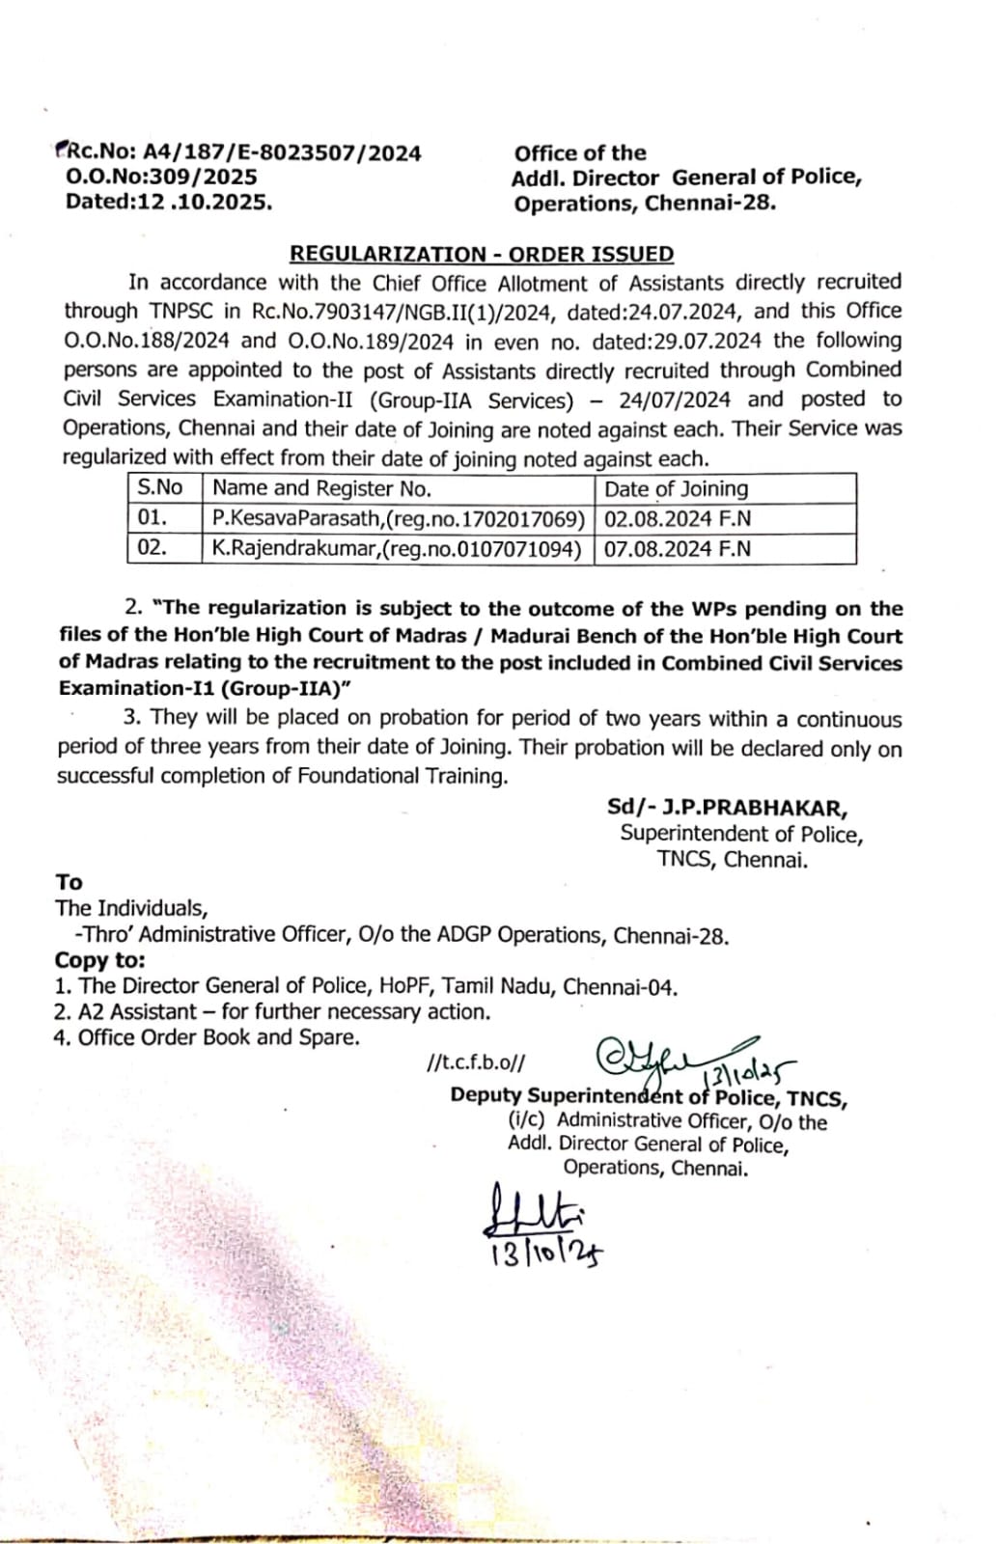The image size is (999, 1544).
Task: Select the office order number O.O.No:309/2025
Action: (161, 177)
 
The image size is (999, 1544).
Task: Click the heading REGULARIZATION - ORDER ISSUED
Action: (482, 254)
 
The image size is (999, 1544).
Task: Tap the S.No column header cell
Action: (160, 488)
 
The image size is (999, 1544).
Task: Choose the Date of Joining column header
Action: (676, 489)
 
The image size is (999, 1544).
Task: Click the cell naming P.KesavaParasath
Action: (399, 519)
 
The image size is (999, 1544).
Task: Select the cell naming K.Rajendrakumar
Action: (397, 549)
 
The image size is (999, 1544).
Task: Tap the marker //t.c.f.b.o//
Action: (476, 1063)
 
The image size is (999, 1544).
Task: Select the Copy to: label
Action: (100, 960)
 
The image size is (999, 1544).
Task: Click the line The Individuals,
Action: (131, 908)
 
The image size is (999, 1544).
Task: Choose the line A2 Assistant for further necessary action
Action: (272, 1011)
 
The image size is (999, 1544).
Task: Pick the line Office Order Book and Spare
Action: (208, 1037)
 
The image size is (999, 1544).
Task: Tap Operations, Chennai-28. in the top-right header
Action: (645, 203)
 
